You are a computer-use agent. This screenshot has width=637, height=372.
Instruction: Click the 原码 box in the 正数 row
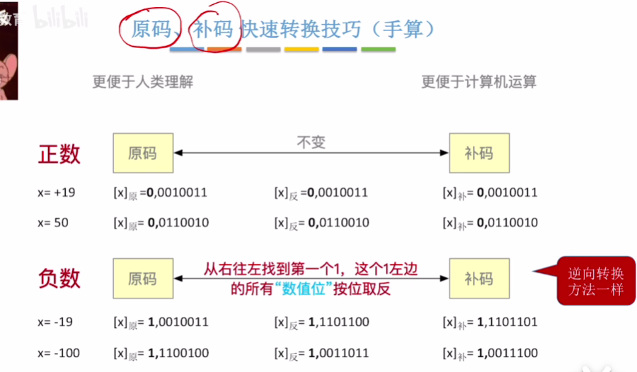coord(142,153)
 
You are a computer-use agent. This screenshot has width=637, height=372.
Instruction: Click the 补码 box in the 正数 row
coord(478,153)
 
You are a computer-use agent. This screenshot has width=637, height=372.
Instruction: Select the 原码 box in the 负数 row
coord(142,279)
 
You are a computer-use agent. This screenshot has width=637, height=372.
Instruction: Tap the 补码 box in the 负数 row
coord(478,279)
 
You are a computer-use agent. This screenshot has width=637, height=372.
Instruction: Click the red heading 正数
coord(59,153)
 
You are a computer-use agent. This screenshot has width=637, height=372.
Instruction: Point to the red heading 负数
coord(59,279)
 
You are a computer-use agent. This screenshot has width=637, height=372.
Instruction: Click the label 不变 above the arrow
coord(311,141)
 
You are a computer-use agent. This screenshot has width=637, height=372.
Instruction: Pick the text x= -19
coord(54,322)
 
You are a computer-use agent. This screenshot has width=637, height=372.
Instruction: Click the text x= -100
coord(57,353)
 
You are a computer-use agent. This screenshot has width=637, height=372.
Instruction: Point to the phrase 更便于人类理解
coord(142,81)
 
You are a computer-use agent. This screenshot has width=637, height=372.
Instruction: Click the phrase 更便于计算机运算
coord(478,81)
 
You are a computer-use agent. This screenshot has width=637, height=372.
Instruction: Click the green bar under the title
coord(378,50)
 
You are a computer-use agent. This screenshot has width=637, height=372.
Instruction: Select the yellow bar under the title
coord(301,50)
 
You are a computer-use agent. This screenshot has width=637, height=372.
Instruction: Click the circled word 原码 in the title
coord(151,29)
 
